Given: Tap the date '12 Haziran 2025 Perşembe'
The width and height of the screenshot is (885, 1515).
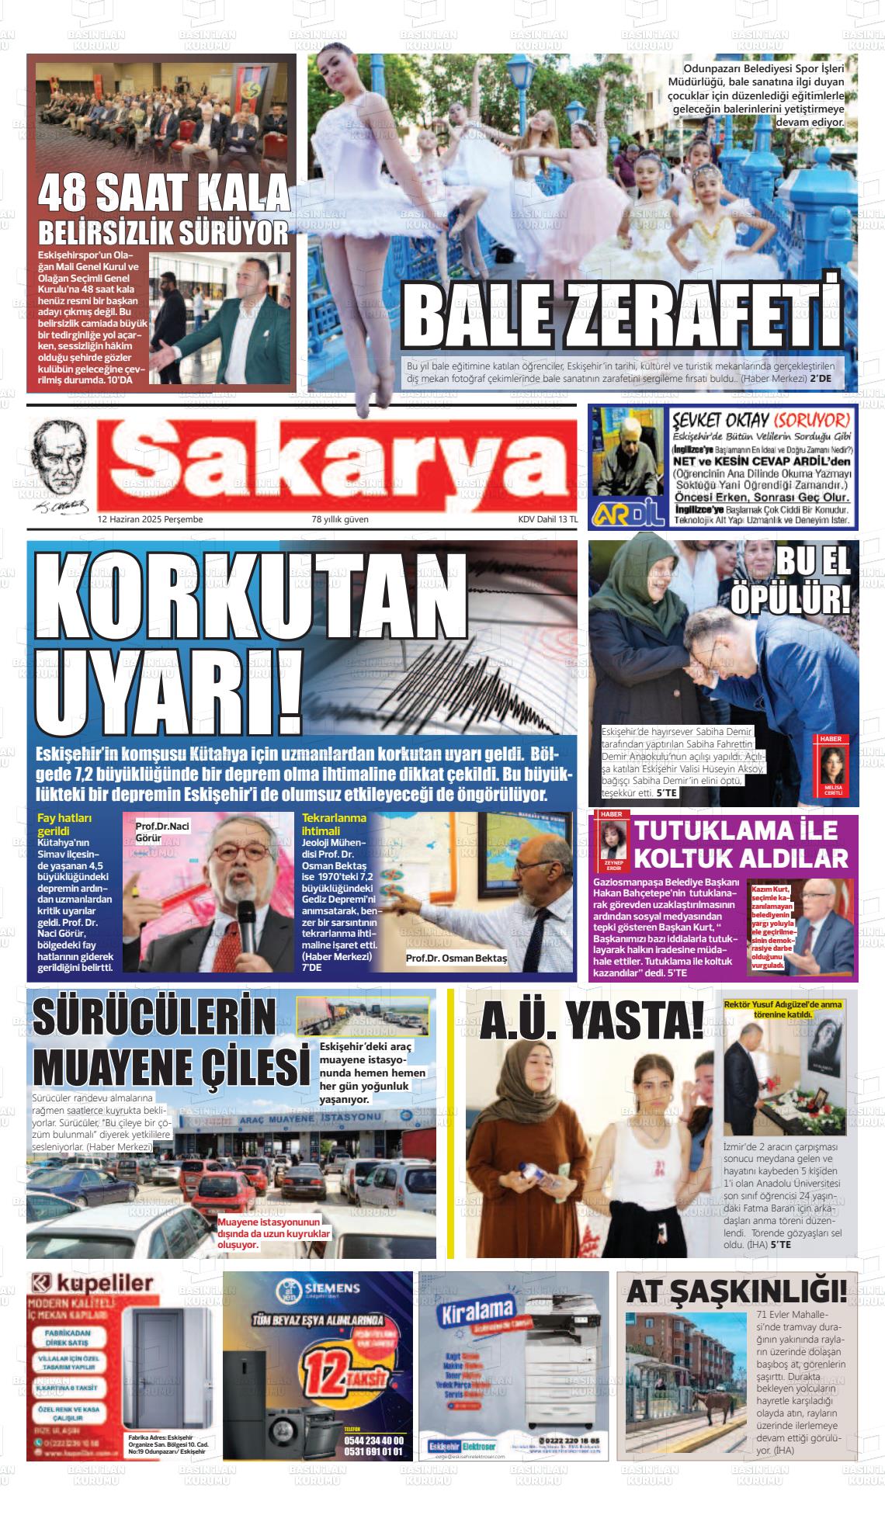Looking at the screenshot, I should pos(150,519).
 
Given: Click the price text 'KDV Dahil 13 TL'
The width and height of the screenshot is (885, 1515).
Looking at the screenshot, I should pos(548,519).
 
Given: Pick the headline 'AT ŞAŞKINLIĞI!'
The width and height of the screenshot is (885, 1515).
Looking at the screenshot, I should pos(736,1292).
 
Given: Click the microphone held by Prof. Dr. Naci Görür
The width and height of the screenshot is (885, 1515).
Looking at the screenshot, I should pos(247,931).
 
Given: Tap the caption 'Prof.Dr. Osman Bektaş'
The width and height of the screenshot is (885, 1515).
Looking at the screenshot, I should pos(456,959).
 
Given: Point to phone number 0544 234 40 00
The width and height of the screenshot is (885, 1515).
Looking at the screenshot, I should pos(373,1439).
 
